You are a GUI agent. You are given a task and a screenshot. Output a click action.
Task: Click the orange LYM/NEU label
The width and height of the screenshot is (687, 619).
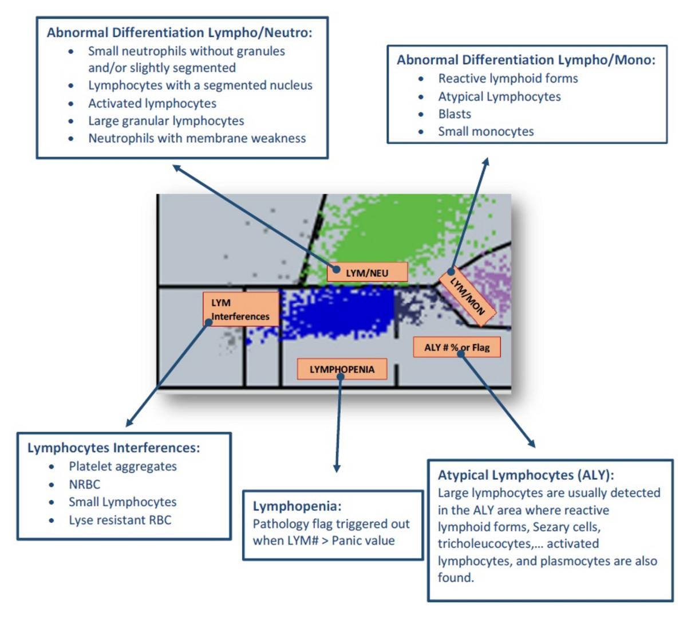tap(367, 272)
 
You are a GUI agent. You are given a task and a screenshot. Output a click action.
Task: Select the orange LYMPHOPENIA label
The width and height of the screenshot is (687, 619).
tap(342, 369)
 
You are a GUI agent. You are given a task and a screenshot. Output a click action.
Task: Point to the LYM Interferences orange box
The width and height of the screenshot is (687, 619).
tap(240, 309)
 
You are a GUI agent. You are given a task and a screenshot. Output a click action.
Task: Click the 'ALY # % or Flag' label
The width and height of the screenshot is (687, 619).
tap(457, 347)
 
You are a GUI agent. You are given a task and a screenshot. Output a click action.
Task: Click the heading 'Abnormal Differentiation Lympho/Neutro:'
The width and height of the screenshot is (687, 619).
tap(179, 33)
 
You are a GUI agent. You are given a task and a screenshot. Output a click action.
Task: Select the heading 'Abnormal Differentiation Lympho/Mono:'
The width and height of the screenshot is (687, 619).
tap(526, 60)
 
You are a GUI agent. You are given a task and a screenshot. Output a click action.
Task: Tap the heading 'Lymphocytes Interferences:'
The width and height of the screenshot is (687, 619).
tap(113, 448)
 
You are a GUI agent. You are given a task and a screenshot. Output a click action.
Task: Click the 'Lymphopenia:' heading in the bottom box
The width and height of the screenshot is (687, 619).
tap(297, 506)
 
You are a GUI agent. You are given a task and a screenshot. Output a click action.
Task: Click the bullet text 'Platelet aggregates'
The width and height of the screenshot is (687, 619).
tap(123, 467)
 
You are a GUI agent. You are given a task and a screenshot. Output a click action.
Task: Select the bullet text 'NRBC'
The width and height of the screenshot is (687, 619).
tap(84, 484)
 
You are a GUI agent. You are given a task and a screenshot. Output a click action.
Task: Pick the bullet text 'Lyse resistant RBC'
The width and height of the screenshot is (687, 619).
tap(120, 520)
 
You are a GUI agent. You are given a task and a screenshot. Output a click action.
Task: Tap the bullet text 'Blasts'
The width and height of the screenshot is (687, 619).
tap(455, 114)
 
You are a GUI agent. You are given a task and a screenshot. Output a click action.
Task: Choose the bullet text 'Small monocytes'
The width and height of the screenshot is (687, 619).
tap(485, 131)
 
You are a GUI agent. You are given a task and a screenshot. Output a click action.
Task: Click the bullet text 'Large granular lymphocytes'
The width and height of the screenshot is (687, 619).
tap(165, 121)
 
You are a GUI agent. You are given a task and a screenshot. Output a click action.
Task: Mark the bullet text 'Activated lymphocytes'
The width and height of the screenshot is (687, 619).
tap(152, 104)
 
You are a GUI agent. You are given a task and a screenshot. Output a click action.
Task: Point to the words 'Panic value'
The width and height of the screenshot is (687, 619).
tap(363, 540)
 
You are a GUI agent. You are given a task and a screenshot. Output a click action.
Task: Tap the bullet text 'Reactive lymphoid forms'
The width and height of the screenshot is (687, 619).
tap(508, 79)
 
